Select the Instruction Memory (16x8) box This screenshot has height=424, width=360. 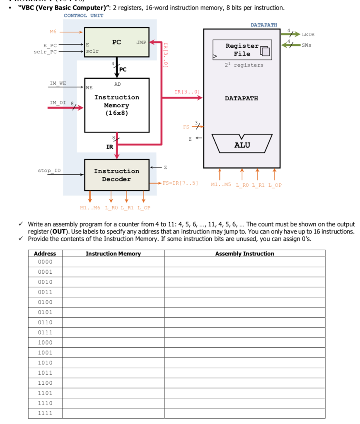pos(116,105)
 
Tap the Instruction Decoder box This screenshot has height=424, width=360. pos(116,175)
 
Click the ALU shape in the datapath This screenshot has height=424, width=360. pos(242,145)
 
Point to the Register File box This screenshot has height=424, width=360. pos(242,50)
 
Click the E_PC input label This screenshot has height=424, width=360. pos(50,46)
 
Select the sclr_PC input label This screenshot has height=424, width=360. pos(45,52)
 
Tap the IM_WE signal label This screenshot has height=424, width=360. pos(58,83)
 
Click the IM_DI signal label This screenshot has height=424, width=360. pos(58,102)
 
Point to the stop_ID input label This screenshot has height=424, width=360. pos(49,170)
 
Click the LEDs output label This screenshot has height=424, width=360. pos(308,34)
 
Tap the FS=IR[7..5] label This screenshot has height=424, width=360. pos(180,183)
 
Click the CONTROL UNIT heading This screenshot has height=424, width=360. pos(84,15)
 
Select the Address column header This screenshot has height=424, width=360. pos(45,253)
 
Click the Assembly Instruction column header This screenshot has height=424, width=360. pos(244,253)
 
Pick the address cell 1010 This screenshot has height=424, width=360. pos(45,362)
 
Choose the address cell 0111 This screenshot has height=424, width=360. pos(45,332)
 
